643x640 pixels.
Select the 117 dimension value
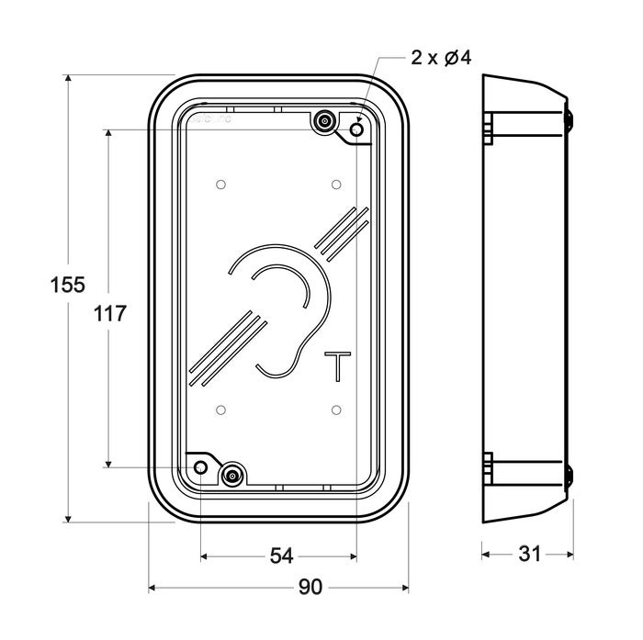tap(109, 313)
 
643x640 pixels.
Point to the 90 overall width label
tap(311, 588)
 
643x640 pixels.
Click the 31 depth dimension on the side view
tap(529, 554)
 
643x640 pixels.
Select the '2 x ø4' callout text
tap(441, 59)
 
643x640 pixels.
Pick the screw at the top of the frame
tap(323, 121)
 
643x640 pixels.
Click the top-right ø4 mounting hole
tap(357, 130)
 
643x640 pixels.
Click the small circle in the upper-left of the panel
tap(220, 185)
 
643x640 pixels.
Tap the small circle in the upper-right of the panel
tap(337, 185)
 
